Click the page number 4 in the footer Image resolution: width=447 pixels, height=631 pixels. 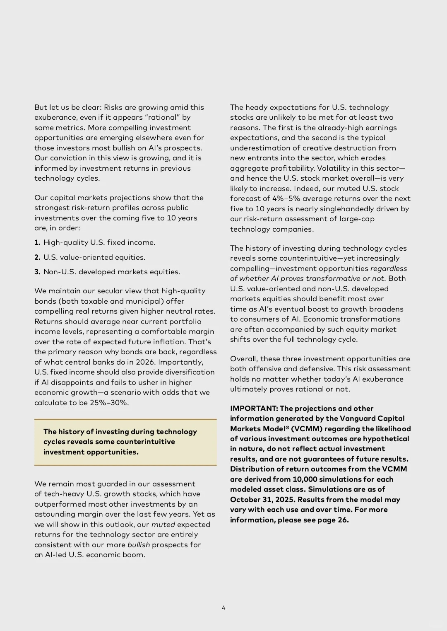point(223,608)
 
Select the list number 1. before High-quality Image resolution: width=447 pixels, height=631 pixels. point(37,242)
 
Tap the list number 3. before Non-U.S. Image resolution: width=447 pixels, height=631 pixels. point(37,272)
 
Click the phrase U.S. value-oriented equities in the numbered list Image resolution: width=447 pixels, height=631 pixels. point(94,257)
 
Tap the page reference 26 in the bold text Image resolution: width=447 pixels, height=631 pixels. point(343,520)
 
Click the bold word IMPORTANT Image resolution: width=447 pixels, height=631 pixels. point(254,409)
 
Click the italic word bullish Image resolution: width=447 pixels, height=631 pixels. point(139,545)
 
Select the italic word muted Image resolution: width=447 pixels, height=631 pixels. point(163,525)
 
